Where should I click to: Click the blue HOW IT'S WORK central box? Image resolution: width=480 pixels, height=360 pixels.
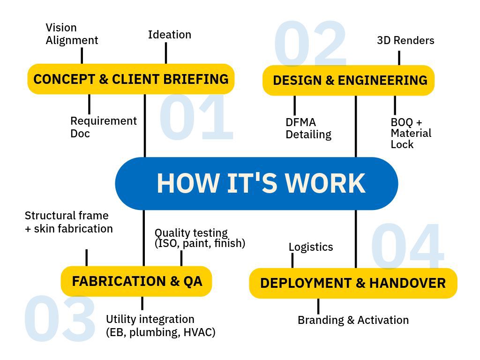pos(256,183)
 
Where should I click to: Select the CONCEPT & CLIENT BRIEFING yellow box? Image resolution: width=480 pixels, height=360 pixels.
pos(131,79)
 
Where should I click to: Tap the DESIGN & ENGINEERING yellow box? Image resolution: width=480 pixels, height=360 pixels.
pos(349,80)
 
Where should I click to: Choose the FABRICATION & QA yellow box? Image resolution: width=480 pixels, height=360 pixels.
pos(136,281)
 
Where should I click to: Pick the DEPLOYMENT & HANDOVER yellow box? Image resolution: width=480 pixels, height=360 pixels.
pos(352,283)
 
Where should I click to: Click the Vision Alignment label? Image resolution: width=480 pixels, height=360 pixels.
pos(71,34)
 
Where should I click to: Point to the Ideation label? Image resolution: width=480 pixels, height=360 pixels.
pos(169,35)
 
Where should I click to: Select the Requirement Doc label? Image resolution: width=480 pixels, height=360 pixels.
pos(103,127)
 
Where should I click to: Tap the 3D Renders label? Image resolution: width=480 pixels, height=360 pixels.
pos(405,41)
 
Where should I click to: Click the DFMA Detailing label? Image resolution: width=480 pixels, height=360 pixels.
pos(308,128)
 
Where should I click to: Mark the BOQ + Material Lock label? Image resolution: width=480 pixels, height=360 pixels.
pos(410,133)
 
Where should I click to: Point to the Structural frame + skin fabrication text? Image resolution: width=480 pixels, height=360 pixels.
pos(68,222)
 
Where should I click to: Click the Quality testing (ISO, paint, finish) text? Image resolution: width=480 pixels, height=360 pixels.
pos(199,238)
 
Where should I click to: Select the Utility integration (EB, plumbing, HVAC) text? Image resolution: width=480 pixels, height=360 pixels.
pos(160,326)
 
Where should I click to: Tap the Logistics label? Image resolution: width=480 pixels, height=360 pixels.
pos(310,247)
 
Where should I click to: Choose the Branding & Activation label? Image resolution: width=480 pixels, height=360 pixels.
pos(353,320)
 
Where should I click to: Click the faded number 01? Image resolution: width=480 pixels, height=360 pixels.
pos(197,118)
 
